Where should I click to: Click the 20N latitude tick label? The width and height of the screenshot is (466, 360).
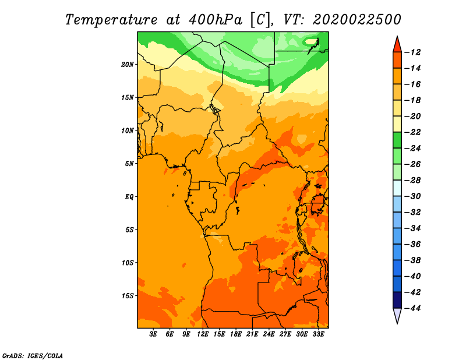[128, 65]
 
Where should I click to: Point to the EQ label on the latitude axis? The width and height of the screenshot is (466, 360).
[129, 197]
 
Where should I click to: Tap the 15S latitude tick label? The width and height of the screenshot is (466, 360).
[128, 296]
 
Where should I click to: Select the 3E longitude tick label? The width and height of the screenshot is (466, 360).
[153, 334]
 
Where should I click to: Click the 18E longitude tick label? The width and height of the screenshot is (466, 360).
[236, 334]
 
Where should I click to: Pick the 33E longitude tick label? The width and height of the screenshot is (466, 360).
[318, 334]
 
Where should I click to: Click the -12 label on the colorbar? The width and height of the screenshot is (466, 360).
[413, 52]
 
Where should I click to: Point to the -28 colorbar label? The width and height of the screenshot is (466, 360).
[413, 180]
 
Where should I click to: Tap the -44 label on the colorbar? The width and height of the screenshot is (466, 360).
[413, 308]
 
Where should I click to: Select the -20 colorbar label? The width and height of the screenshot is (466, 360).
[413, 117]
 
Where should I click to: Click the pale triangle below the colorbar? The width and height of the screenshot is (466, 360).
[397, 315]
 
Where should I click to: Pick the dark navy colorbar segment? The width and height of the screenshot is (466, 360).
[397, 300]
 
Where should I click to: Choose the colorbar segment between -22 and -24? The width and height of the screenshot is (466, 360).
[397, 140]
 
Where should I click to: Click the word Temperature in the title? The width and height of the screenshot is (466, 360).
[111, 20]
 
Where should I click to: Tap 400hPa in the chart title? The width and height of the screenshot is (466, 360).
[216, 20]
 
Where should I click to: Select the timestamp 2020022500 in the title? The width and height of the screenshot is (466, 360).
[356, 20]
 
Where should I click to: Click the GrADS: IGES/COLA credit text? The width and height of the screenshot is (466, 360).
[33, 355]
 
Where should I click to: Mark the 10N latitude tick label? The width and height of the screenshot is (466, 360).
[128, 130]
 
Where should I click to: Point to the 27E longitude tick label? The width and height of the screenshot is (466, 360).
[285, 334]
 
